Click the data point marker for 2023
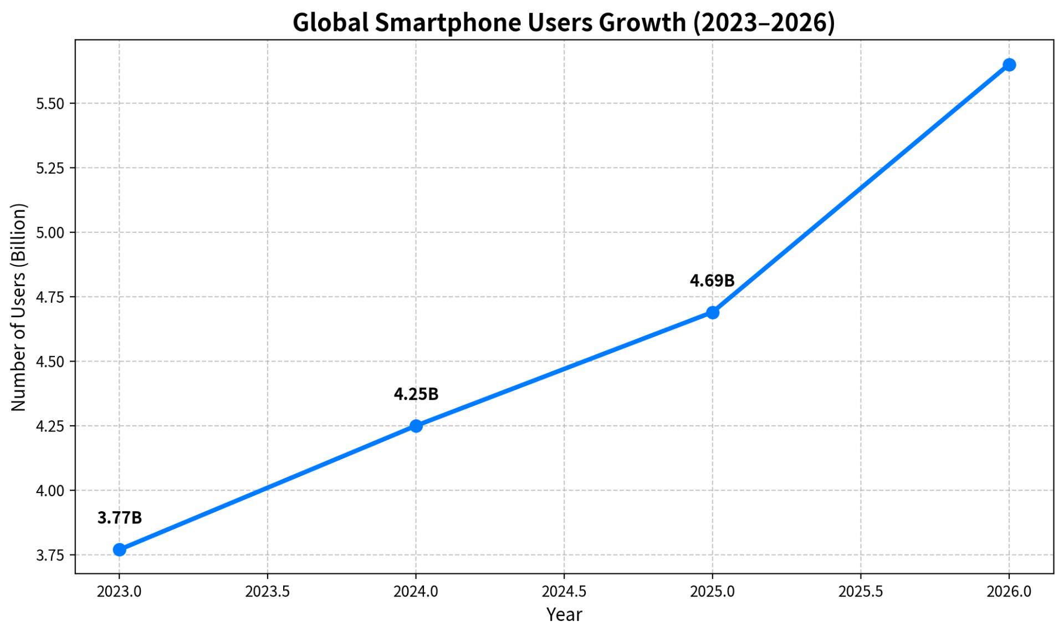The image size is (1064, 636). click(119, 549)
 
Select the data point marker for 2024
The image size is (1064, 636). click(416, 426)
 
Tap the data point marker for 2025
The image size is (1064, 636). click(712, 313)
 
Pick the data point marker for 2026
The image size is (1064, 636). click(1009, 65)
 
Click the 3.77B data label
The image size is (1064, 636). click(120, 518)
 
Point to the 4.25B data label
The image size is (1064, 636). click(416, 394)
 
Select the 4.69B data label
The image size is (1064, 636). click(712, 281)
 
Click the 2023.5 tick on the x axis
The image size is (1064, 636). click(268, 592)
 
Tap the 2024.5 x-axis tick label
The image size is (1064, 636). click(564, 592)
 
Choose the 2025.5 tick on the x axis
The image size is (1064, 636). click(861, 592)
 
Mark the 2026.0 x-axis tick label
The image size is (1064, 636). click(1009, 592)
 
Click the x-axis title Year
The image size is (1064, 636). click(564, 614)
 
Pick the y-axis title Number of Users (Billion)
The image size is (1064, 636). click(19, 307)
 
